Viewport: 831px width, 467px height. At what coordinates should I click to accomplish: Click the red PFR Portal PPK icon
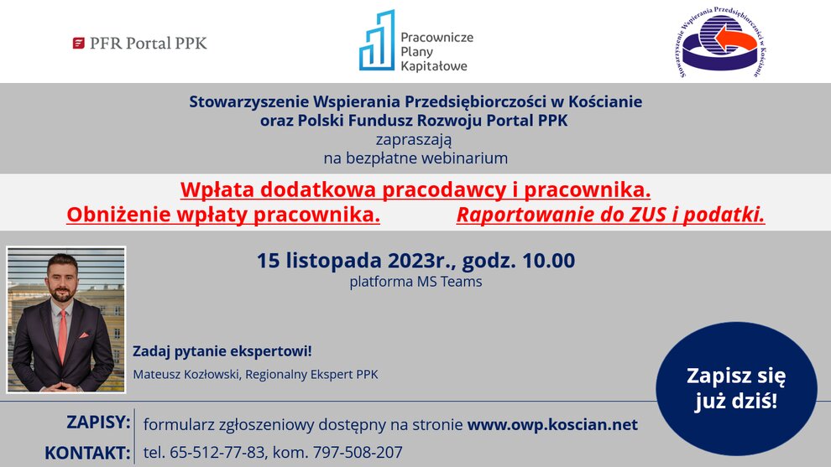tap(78, 44)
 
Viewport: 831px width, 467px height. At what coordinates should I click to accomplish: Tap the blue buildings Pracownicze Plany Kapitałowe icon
tap(377, 40)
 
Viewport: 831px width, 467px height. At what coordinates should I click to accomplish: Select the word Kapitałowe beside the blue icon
tap(434, 66)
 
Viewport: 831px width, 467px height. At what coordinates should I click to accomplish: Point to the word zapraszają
tap(414, 140)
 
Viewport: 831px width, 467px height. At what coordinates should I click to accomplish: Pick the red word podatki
tap(724, 215)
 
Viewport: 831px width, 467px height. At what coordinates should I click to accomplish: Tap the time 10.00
tap(548, 261)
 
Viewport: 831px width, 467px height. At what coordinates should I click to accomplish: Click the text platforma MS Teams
tap(415, 282)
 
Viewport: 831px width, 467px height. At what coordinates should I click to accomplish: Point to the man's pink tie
tap(63, 336)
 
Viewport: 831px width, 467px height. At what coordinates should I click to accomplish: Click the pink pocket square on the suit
tap(84, 335)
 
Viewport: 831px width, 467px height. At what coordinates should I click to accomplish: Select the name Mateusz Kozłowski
tap(186, 374)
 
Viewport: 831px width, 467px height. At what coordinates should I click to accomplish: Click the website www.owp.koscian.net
tap(552, 424)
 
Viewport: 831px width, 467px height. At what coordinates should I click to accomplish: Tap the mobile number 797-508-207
tap(358, 452)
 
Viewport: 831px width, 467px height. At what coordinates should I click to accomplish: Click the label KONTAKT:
tap(87, 454)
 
